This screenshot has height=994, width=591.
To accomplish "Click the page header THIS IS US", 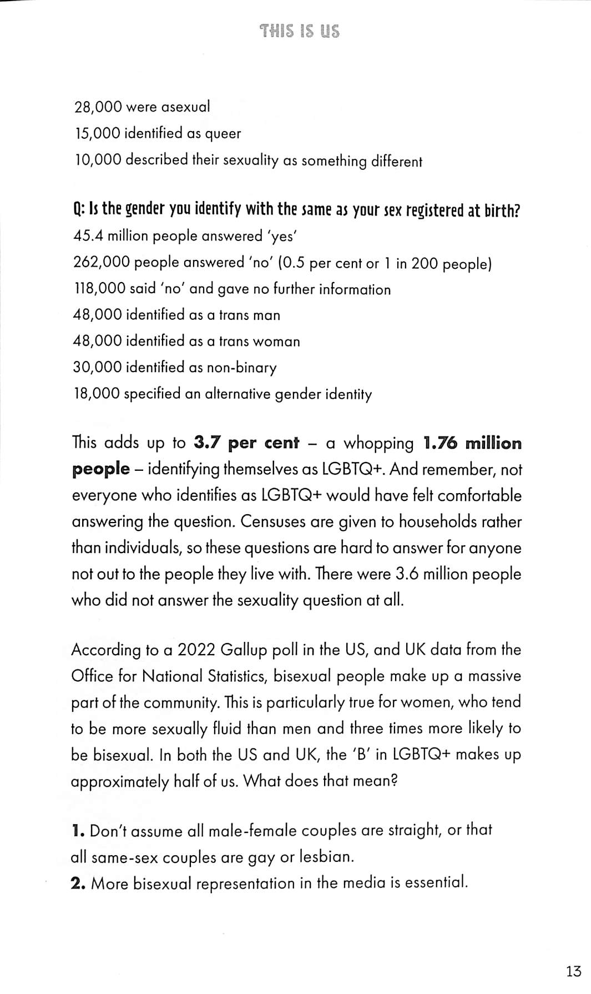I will pyautogui.click(x=300, y=31).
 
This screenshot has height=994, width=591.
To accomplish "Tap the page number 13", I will pyautogui.click(x=574, y=971).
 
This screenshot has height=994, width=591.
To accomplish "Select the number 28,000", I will pyautogui.click(x=98, y=107).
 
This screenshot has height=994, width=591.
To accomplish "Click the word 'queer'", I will pyautogui.click(x=223, y=134).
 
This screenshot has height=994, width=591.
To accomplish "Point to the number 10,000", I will pyautogui.click(x=98, y=160).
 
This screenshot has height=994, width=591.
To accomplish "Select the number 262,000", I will pyautogui.click(x=101, y=262).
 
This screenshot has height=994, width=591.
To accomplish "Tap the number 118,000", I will pyautogui.click(x=99, y=289).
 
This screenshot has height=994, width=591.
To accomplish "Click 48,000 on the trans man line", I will pyautogui.click(x=98, y=315).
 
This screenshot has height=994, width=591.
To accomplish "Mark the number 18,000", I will pyautogui.click(x=97, y=394).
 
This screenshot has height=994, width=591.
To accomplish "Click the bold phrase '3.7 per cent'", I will pyautogui.click(x=246, y=443).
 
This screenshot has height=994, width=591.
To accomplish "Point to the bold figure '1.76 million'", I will pyautogui.click(x=472, y=443).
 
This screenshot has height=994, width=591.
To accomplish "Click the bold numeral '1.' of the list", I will pyautogui.click(x=78, y=831).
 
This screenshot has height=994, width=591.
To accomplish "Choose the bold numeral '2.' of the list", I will pyautogui.click(x=78, y=883).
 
